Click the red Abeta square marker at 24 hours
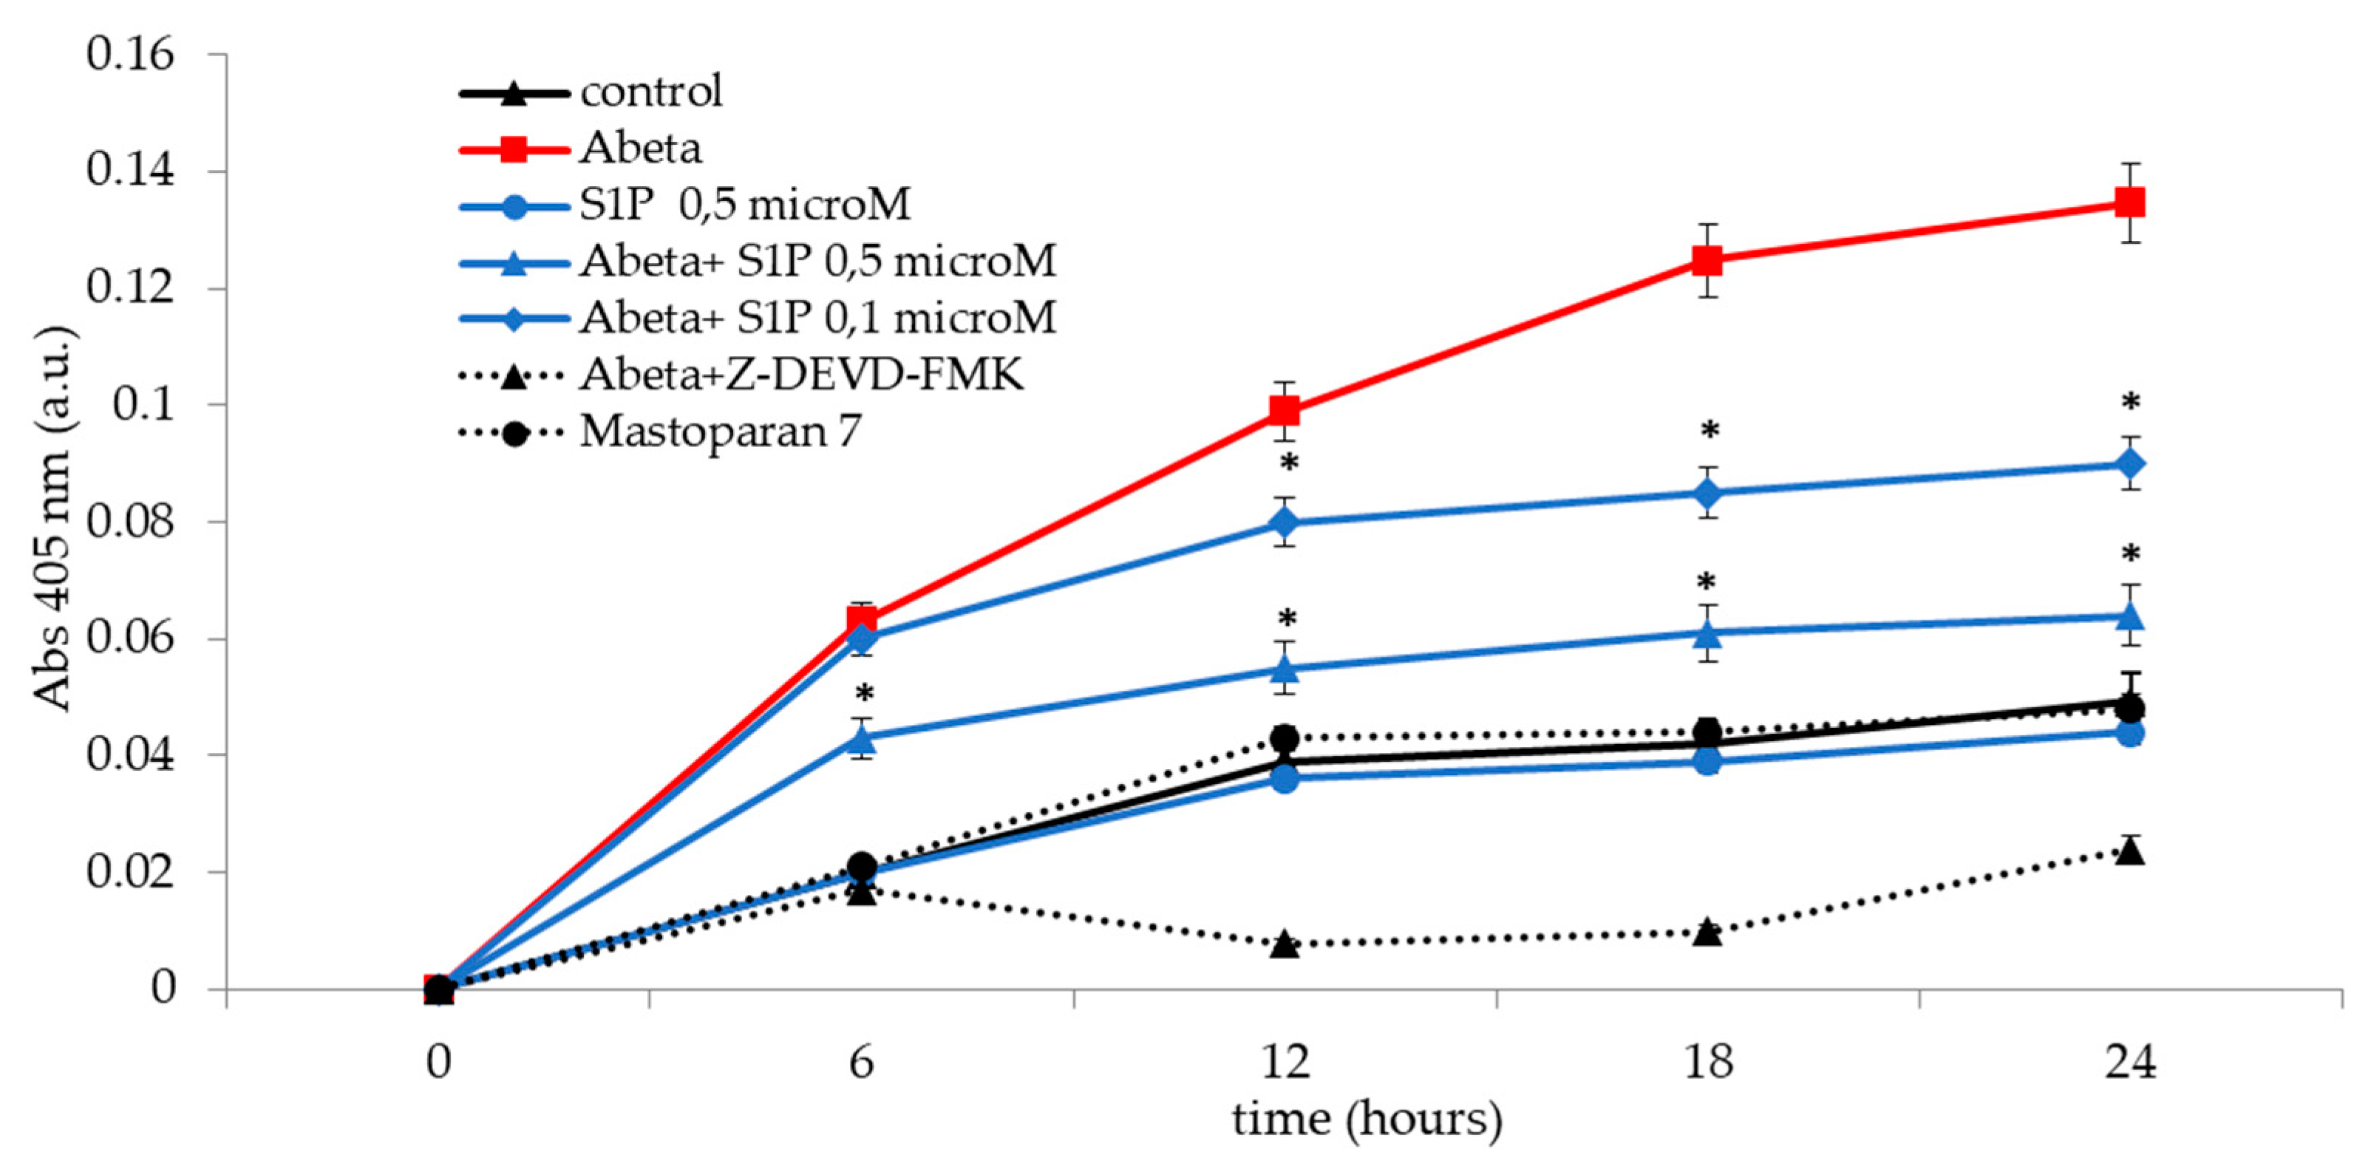tap(2130, 202)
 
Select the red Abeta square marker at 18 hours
tap(1707, 261)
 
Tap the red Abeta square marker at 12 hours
tap(1285, 411)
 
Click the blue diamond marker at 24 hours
tap(2130, 464)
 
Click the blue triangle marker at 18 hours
tap(1707, 633)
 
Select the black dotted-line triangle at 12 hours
tap(1285, 944)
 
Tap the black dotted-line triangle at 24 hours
tap(2130, 851)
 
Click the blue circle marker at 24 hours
tap(2130, 733)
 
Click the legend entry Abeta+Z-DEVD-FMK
tap(800, 375)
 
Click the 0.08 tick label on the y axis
tap(131, 522)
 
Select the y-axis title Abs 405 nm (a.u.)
tap(53, 518)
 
